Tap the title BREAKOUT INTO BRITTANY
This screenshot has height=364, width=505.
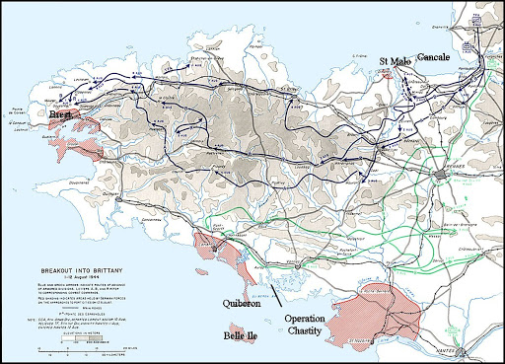tap(72, 268)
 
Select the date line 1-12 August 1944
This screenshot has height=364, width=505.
tap(72, 276)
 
